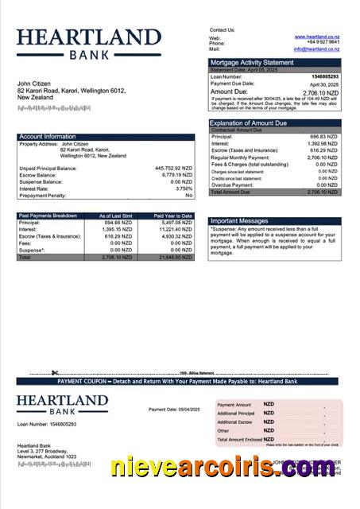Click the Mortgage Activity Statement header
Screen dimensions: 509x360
point(251,62)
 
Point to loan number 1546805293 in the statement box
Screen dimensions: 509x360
point(323,76)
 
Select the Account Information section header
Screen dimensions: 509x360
point(48,137)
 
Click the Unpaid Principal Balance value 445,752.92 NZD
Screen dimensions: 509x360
point(173,169)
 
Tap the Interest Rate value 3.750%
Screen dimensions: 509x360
point(181,188)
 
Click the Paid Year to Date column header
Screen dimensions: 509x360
point(173,216)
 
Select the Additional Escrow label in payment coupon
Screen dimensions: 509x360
point(234,422)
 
